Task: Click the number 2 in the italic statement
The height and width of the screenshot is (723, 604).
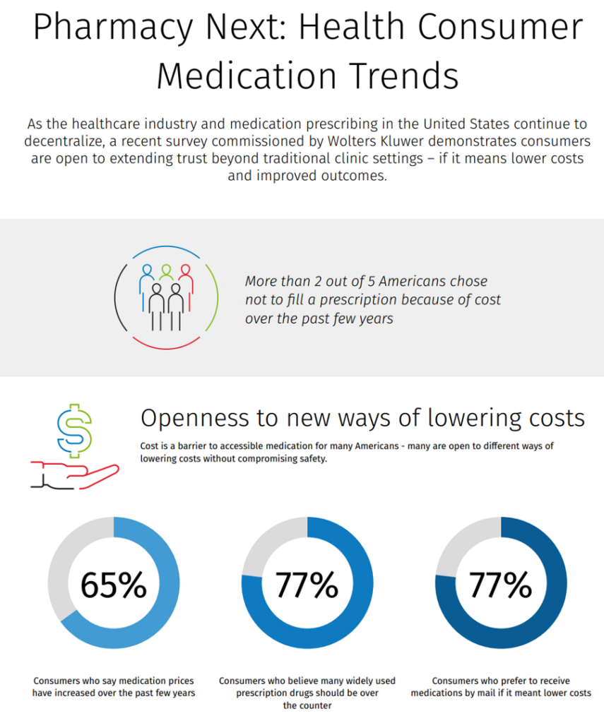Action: pyautogui.click(x=319, y=281)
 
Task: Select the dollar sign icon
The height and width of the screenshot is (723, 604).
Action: pyautogui.click(x=74, y=431)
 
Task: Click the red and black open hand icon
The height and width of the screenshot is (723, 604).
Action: pyautogui.click(x=74, y=474)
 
